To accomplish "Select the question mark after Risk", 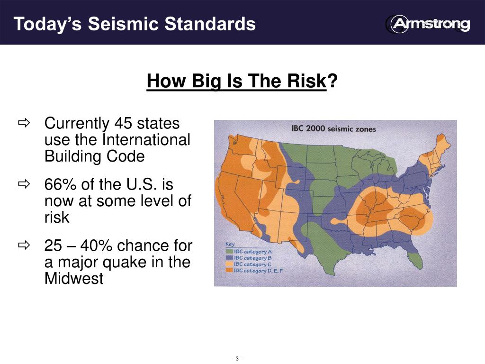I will (x=332, y=81).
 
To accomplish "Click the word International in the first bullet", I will (x=145, y=140).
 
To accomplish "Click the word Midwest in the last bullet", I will (x=73, y=279).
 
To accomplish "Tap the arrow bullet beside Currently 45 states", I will (x=24, y=124).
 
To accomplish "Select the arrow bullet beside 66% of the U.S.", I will (x=24, y=184).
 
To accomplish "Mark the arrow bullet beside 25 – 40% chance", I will (x=24, y=246).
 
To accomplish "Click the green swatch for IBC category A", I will (x=230, y=252).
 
